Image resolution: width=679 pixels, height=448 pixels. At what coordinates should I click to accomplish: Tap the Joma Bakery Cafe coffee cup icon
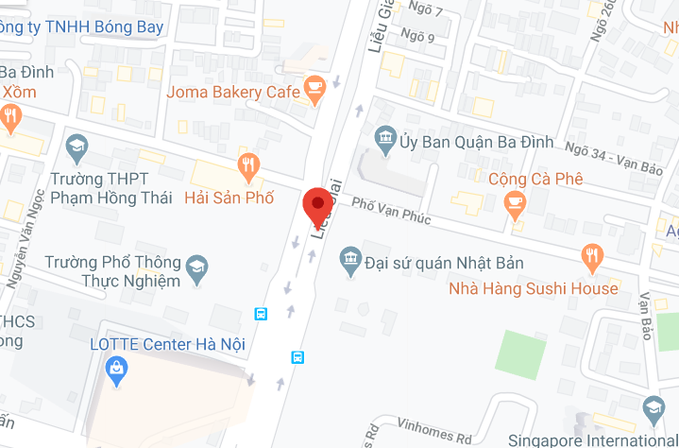tap(314, 90)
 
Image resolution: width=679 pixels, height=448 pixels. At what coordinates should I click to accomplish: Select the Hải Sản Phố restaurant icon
tap(249, 167)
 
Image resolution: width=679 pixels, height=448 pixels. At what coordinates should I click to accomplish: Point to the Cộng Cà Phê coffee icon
tap(515, 201)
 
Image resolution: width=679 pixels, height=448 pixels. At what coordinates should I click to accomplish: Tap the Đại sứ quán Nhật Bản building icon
tap(350, 257)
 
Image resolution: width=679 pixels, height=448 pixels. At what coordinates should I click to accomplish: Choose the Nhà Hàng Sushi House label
tap(533, 288)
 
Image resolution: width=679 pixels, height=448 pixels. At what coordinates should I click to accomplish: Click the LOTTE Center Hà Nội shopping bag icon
tap(116, 370)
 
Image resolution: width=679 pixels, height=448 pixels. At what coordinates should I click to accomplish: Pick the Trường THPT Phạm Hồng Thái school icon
tap(76, 146)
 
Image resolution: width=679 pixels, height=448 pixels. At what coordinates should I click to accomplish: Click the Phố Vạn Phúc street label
tap(391, 211)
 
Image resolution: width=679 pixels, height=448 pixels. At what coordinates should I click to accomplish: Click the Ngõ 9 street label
tap(418, 38)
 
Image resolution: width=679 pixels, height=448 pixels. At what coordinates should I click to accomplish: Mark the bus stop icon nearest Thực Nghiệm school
tap(261, 314)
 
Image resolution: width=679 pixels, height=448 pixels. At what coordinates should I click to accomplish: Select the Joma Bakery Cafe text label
tap(232, 92)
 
